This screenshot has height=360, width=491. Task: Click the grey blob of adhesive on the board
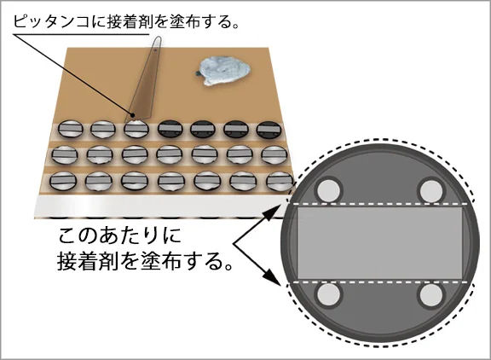coord(224,71)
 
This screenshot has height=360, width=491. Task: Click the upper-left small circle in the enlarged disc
coord(329,190)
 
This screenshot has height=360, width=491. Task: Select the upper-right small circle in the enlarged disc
coord(431,190)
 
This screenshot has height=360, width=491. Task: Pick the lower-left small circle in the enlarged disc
coord(329,295)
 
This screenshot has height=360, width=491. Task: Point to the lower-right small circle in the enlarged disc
coord(431,295)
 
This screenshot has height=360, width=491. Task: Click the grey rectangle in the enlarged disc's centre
coord(380,243)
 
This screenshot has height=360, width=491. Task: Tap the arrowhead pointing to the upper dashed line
coord(272,212)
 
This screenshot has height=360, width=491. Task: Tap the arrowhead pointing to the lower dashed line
coord(272,276)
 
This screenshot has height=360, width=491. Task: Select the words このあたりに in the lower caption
coord(120,235)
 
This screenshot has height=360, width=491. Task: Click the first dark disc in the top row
coord(170,129)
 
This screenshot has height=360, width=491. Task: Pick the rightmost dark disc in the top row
coord(269,130)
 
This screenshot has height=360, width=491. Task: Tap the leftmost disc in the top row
coord(71,129)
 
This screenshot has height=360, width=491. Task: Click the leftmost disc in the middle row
coord(64,154)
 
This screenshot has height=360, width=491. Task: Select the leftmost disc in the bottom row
coord(62,181)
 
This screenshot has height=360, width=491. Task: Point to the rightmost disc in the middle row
coord(274,155)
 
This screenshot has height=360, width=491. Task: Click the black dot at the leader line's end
coord(132,115)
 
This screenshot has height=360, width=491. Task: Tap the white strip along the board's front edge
coord(160,206)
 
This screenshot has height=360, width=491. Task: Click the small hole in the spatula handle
coord(155,49)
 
